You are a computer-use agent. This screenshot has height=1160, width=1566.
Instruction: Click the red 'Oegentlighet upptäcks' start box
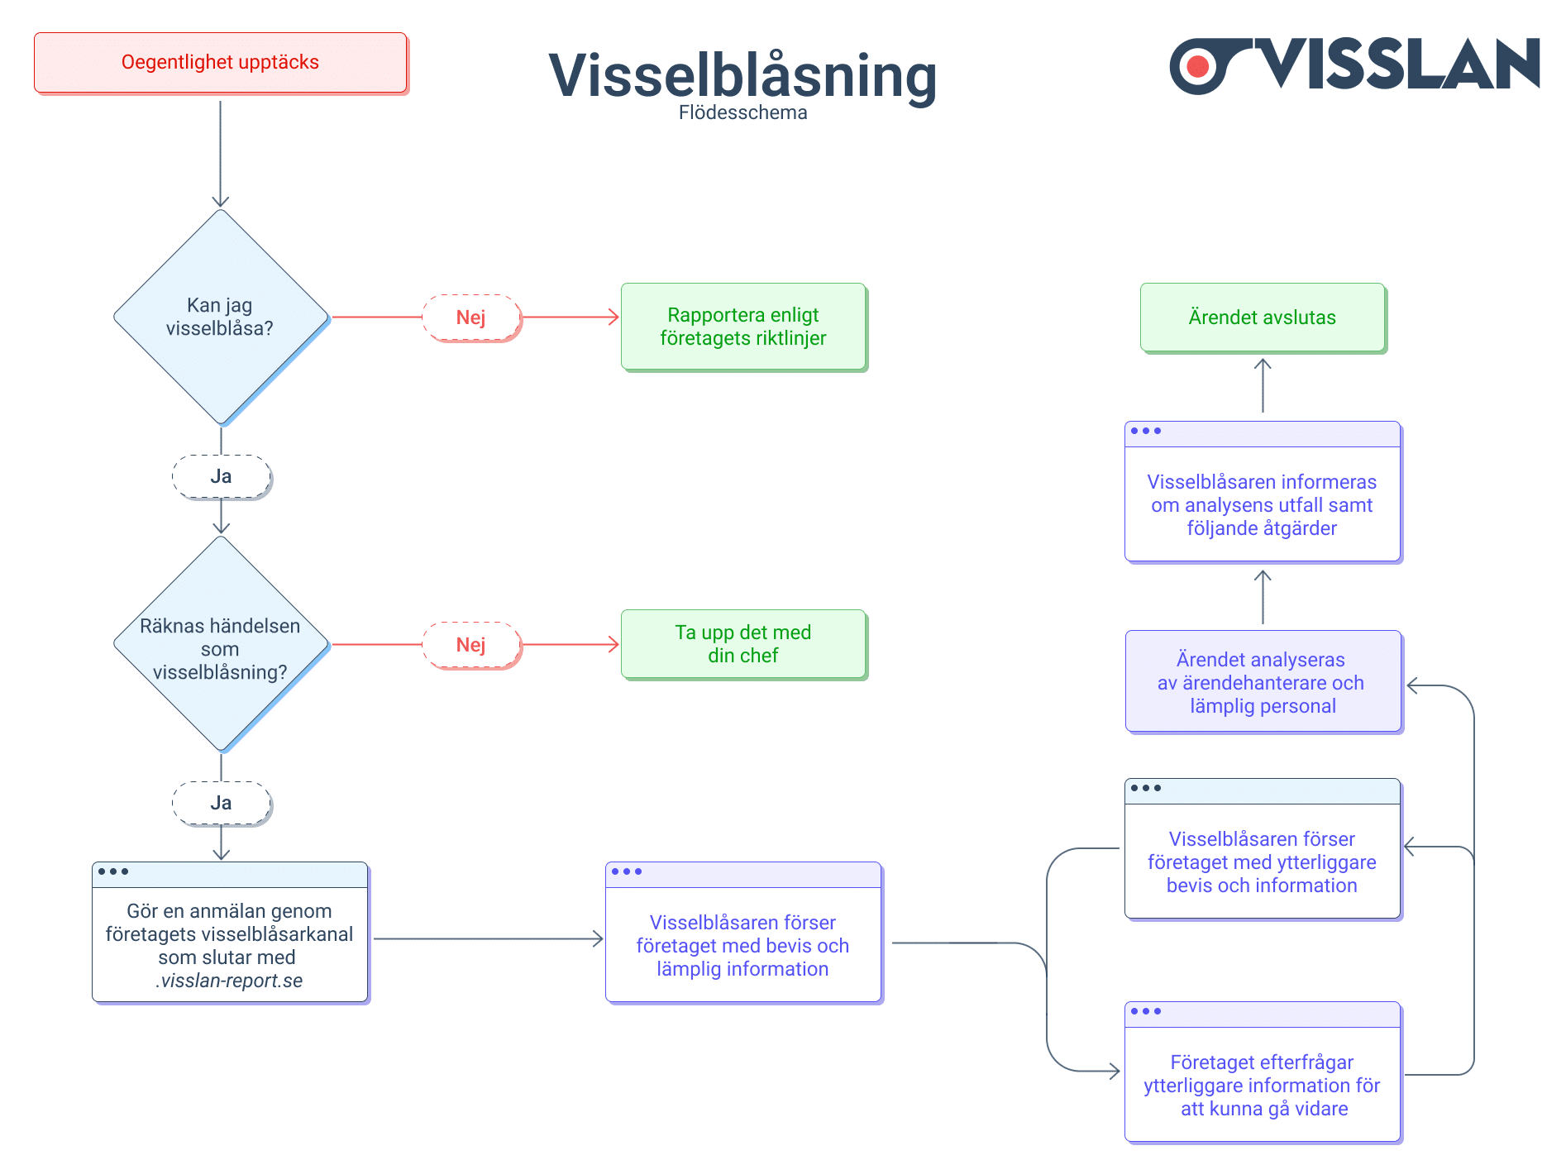220,63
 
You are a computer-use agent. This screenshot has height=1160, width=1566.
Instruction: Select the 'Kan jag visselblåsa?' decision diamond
220,317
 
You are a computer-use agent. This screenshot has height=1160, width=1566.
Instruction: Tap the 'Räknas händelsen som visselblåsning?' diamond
220,645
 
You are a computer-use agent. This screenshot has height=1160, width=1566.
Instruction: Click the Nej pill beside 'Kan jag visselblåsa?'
471,317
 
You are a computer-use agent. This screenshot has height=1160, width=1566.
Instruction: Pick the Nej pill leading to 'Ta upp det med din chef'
471,645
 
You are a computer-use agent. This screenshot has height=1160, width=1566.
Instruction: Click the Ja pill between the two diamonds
221,476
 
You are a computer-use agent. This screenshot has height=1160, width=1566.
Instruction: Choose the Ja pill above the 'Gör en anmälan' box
221,803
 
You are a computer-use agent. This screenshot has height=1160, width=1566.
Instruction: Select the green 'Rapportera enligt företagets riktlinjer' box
742,327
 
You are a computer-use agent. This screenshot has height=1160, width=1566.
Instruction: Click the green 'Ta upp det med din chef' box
742,644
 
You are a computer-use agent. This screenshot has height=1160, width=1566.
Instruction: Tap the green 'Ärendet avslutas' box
1262,317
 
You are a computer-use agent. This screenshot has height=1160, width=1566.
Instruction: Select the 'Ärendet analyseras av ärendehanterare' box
1262,682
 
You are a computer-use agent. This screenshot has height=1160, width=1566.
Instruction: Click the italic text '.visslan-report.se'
229,981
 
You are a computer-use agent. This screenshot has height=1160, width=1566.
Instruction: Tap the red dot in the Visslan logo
1197,65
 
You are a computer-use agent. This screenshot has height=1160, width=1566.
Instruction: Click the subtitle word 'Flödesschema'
742,112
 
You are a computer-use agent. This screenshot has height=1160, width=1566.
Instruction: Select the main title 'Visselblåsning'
742,75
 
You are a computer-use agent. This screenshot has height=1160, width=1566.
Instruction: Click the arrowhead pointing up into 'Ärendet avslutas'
1263,363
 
